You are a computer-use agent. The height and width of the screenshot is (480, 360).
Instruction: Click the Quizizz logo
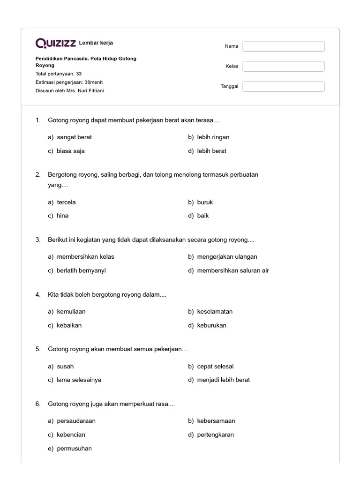pyautogui.click(x=56, y=43)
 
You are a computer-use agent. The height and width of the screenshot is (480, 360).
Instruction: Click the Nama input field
pyautogui.click(x=283, y=46)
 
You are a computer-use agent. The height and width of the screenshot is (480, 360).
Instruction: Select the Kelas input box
pyautogui.click(x=283, y=66)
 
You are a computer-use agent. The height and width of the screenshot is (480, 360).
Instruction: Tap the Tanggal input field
pyautogui.click(x=283, y=86)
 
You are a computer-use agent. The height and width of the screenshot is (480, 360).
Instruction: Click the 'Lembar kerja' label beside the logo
pyautogui.click(x=96, y=43)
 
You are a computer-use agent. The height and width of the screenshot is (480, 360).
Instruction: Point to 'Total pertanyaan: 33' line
pyautogui.click(x=59, y=74)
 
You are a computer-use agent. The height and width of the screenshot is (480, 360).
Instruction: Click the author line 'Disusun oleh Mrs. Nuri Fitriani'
pyautogui.click(x=70, y=90)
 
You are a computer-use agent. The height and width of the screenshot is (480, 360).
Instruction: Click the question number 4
pyautogui.click(x=37, y=295)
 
